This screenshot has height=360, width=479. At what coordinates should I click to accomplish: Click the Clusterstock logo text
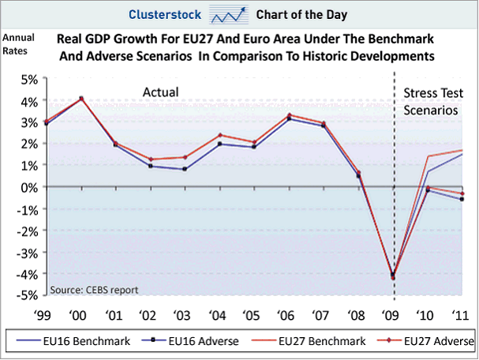(x=161, y=13)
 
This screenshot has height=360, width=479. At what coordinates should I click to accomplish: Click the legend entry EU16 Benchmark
(x=65, y=341)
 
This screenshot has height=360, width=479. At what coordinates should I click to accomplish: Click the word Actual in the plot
(x=160, y=93)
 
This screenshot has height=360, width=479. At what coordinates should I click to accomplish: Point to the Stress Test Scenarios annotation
(x=431, y=103)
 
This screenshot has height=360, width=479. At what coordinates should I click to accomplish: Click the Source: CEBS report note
(x=95, y=290)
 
